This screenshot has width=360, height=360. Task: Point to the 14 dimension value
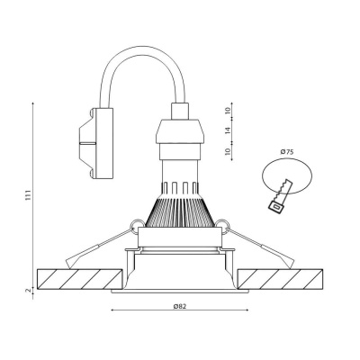[x=228, y=131]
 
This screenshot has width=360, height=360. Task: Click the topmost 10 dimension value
[x=228, y=112]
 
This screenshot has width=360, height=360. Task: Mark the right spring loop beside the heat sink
[x=223, y=226]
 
